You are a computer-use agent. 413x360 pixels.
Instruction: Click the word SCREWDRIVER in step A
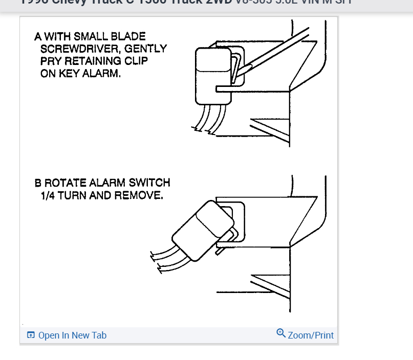(78, 49)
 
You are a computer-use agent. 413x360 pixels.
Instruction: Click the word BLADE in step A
(129, 36)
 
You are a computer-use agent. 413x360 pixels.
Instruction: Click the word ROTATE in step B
(66, 183)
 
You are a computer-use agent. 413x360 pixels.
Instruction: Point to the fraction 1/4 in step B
(50, 195)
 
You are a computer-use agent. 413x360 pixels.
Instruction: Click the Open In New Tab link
(72, 335)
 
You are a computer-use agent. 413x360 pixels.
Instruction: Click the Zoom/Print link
(311, 335)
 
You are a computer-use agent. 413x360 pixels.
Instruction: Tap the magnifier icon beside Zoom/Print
(281, 333)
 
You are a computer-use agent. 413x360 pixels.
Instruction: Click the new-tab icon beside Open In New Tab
(31, 335)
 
